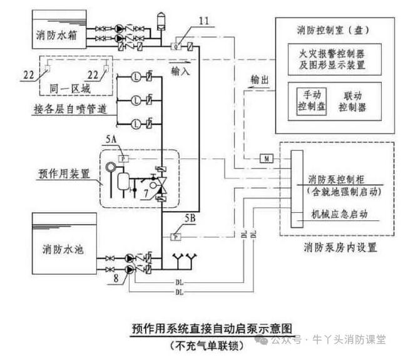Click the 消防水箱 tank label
[56, 37]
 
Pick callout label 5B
[190, 219]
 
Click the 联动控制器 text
[352, 101]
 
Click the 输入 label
[181, 72]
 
